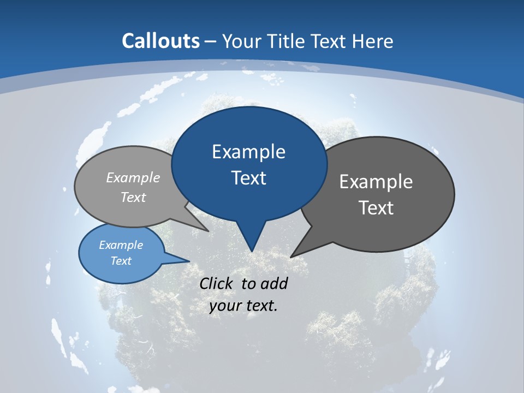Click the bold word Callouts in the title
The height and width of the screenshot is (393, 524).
click(x=160, y=41)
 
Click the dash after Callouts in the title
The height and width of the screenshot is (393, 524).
click(x=211, y=41)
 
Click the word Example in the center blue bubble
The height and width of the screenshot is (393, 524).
click(x=248, y=152)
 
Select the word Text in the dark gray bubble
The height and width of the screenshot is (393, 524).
click(x=376, y=208)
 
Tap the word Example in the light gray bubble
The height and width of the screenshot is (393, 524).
click(x=133, y=178)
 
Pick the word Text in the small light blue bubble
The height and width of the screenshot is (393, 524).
click(x=121, y=261)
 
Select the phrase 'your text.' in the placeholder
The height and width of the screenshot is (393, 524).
click(x=243, y=306)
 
